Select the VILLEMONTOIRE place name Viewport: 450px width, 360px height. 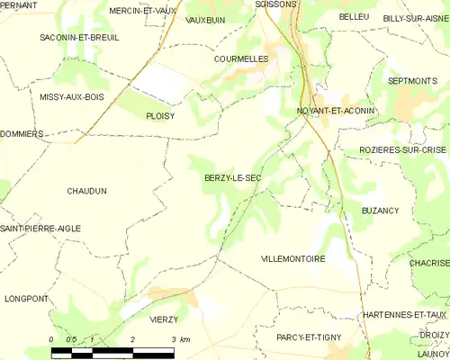[292, 258]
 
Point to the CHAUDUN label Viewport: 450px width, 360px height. [86, 191]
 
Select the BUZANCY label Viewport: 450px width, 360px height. [380, 210]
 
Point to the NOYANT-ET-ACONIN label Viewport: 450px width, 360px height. [336, 111]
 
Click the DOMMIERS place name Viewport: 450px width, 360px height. [22, 133]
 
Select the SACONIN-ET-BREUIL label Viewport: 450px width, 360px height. [79, 38]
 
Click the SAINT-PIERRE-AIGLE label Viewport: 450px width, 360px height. [40, 229]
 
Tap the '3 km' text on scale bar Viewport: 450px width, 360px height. [180, 340]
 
